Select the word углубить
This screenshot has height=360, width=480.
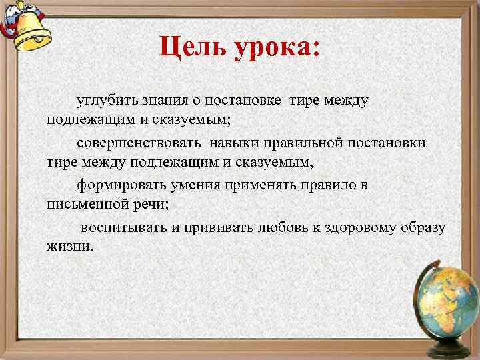tap(107, 101)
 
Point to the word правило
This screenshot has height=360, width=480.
tap(325, 185)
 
